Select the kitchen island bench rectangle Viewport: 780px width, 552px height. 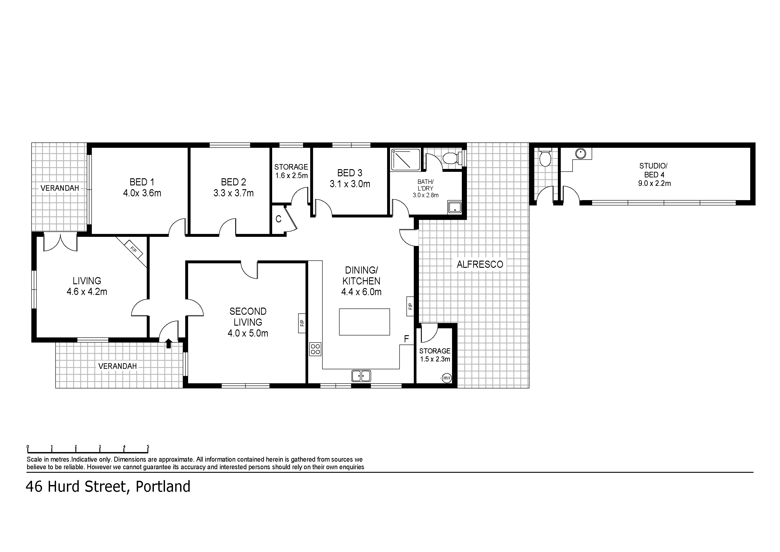click(364, 322)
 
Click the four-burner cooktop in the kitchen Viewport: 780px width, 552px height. click(315, 349)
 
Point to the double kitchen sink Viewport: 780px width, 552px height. click(361, 376)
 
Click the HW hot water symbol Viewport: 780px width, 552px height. click(446, 378)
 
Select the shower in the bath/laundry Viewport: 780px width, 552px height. click(406, 159)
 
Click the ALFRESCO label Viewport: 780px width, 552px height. click(480, 264)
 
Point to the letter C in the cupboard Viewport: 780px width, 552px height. click(278, 219)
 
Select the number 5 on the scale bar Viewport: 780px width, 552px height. click(148, 446)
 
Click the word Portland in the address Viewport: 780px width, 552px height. click(163, 487)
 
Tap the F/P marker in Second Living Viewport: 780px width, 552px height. click(302, 323)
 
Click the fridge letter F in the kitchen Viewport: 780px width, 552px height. click(406, 339)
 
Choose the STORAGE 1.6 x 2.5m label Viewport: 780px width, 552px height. click(291, 171)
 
